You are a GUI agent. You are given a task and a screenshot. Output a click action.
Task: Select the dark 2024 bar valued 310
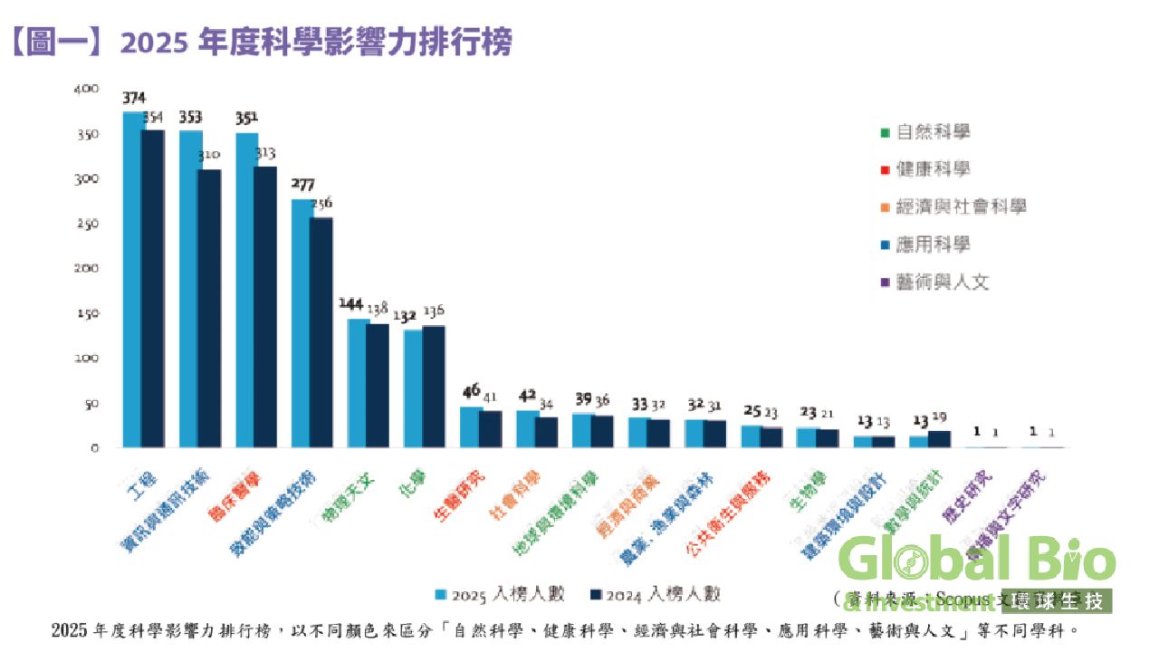209,308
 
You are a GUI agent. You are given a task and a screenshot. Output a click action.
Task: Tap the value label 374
134,98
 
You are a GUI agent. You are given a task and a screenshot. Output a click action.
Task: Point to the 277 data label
302,185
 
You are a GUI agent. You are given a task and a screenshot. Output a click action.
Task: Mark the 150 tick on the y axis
87,313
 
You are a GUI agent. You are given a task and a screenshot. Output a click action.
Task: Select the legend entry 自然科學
933,132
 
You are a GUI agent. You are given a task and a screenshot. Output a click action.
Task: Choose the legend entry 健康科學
933,169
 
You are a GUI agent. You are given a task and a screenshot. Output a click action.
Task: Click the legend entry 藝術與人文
942,283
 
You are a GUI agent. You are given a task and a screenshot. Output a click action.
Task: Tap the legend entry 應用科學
933,244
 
